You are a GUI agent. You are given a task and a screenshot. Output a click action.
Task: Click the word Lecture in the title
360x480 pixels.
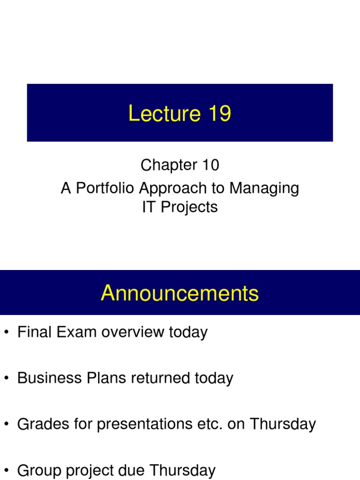(158, 114)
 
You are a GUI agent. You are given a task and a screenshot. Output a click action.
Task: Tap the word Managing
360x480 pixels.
(264, 188)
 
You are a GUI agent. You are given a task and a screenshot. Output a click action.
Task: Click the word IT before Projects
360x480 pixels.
(149, 207)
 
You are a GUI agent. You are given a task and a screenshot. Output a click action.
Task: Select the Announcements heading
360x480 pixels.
(180, 293)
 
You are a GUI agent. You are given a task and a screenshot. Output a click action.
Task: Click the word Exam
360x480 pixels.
(77, 332)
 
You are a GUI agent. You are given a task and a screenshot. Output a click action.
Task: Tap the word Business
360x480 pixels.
(46, 378)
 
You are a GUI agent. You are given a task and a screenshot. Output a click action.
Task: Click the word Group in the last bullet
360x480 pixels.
(40, 470)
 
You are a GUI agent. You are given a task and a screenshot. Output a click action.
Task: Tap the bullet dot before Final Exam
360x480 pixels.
(6, 333)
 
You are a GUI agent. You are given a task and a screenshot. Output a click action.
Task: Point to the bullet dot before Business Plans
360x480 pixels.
(6, 379)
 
